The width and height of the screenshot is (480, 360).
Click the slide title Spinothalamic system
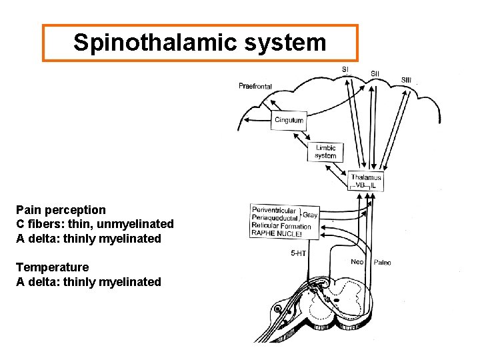click(x=200, y=43)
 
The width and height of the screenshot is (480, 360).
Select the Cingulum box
click(x=289, y=121)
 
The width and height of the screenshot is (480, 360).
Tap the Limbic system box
click(x=325, y=151)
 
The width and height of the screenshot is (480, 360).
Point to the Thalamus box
click(x=366, y=181)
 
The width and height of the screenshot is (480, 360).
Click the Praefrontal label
click(x=255, y=86)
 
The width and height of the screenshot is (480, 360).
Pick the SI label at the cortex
click(x=345, y=69)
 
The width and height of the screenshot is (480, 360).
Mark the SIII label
click(x=406, y=80)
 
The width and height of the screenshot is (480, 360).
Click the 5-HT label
click(x=298, y=253)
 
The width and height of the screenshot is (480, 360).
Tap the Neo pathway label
click(x=357, y=262)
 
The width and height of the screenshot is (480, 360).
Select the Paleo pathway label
click(x=382, y=263)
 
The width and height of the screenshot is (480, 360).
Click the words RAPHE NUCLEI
click(x=277, y=235)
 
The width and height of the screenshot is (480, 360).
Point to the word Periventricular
click(x=273, y=211)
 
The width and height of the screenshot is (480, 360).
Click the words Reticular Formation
click(x=281, y=227)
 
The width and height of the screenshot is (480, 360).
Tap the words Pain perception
click(x=61, y=210)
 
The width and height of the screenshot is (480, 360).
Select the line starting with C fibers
click(x=95, y=224)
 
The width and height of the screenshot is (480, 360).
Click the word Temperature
click(x=52, y=267)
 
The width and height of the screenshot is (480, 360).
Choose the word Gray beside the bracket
click(x=310, y=215)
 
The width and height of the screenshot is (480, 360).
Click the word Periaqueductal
click(x=275, y=219)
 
